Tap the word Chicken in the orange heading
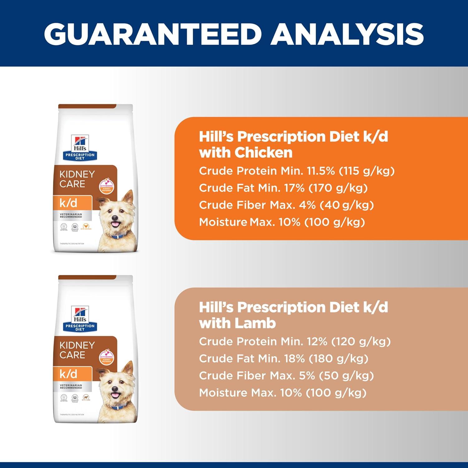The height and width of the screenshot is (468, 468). [263, 153]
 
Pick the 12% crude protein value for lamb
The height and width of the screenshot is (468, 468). [316, 342]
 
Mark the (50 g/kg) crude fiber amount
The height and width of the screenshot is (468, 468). [346, 376]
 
